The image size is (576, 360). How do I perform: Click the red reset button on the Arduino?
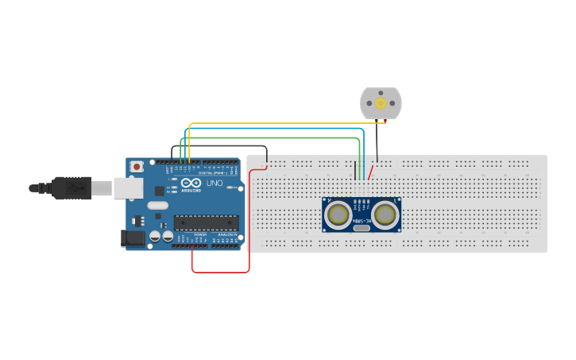pyautogui.click(x=137, y=166)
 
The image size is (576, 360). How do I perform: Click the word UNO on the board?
pyautogui.click(x=215, y=183)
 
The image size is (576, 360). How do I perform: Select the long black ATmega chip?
pyautogui.click(x=206, y=225)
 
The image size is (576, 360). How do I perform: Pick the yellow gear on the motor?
pyautogui.click(x=381, y=103)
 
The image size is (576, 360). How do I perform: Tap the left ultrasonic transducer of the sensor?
pyautogui.click(x=338, y=214)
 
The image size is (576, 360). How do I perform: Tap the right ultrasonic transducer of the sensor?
pyautogui.click(x=385, y=214)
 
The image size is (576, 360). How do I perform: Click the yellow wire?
pyautogui.click(x=278, y=124)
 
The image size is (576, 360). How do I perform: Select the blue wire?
pyautogui.click(x=278, y=129)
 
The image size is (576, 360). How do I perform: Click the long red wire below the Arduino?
pyautogui.click(x=221, y=272)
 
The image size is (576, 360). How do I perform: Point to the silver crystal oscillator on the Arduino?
pyautogui.click(x=158, y=205)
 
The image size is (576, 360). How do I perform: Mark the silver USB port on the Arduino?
pyautogui.click(x=127, y=188)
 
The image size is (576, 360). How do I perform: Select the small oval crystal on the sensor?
pyautogui.click(x=361, y=227)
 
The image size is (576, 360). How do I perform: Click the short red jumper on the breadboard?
pyautogui.click(x=370, y=172)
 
